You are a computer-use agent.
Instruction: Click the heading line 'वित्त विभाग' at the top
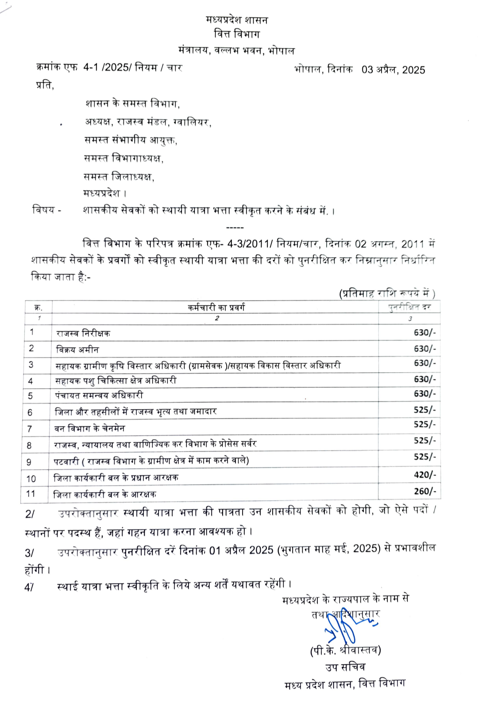point(237,34)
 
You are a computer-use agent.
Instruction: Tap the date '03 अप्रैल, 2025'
point(393,70)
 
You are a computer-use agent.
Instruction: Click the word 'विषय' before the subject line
point(43,209)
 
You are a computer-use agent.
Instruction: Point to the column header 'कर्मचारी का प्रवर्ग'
point(216,307)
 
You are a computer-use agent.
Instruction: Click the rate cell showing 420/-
point(424,475)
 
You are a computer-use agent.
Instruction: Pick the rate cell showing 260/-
point(424,491)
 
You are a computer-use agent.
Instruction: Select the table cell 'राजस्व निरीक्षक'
point(83,333)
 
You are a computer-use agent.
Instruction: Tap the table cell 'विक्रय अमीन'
point(77,350)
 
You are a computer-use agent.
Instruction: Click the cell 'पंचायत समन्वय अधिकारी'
point(99,395)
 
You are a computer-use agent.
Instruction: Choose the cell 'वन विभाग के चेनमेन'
point(90,429)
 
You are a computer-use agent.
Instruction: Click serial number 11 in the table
point(31,494)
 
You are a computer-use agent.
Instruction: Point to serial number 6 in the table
point(30,413)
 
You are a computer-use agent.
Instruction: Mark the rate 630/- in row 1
point(424,332)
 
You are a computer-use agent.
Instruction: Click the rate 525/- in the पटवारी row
point(424,457)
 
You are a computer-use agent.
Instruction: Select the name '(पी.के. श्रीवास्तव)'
point(345,650)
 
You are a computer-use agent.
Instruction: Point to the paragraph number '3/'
point(29,553)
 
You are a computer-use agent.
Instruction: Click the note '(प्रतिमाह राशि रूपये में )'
point(387,294)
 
